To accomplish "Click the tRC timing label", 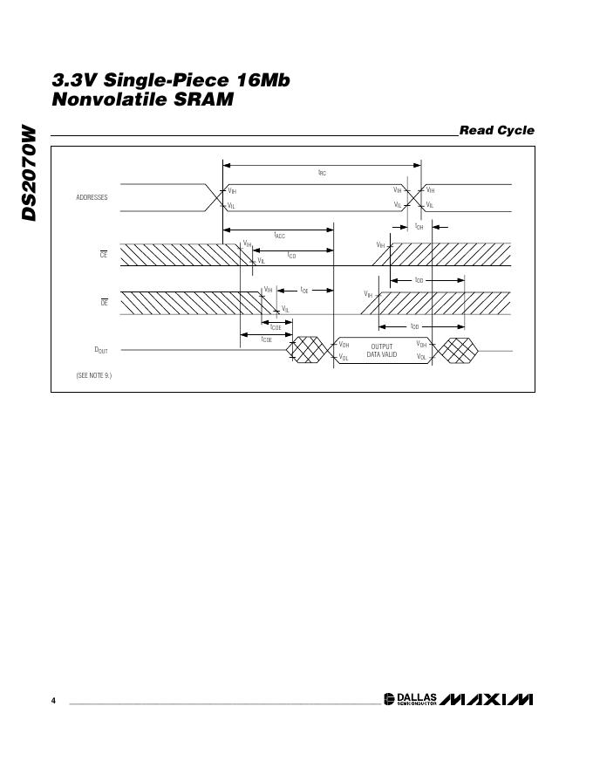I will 322,173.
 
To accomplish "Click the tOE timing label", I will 304,289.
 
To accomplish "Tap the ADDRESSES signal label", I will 92,197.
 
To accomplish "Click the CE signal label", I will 103,254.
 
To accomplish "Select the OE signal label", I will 103,302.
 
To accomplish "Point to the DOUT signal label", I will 101,350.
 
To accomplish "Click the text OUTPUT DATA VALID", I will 381,351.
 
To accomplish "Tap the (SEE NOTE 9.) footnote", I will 93,374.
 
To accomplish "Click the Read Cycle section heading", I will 496,131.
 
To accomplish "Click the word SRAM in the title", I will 210,99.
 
